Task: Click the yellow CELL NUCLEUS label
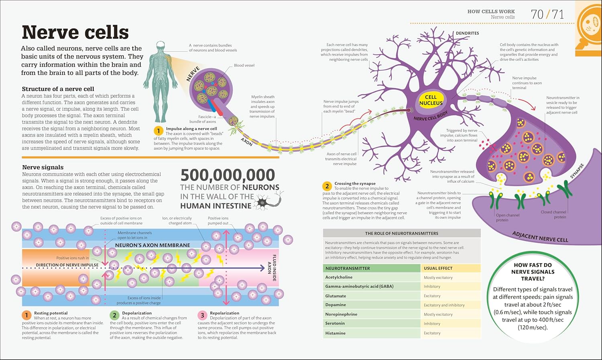tap(431, 100)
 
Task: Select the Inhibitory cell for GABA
tap(432, 287)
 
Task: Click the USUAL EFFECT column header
tap(438, 268)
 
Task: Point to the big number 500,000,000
tap(228, 175)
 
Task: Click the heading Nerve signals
tap(43, 167)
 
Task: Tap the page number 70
tap(537, 15)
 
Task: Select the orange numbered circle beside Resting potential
tap(26, 315)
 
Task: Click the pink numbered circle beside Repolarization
tap(202, 315)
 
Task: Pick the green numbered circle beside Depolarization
tap(114, 315)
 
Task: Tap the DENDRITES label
tap(467, 33)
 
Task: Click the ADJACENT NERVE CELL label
tap(540, 237)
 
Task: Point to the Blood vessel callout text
tap(244, 65)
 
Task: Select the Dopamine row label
tap(336, 305)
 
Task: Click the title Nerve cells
tap(75, 32)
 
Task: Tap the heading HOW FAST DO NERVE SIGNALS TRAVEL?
tap(533, 272)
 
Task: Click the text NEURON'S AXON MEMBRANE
tap(153, 245)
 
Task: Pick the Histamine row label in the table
tap(336, 333)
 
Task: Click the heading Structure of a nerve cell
tap(58, 89)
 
